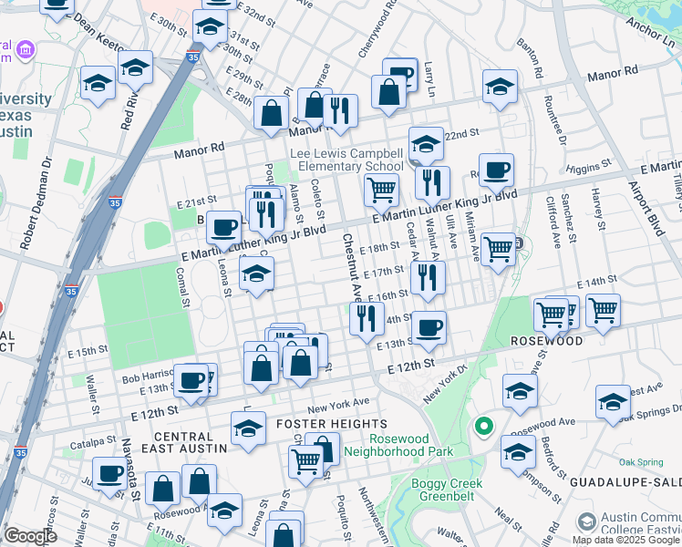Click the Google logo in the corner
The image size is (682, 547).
(30, 536)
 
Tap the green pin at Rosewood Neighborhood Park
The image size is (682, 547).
(483, 426)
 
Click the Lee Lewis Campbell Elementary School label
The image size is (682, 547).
(346, 160)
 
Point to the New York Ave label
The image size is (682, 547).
(337, 401)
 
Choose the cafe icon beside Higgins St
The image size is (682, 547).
(496, 170)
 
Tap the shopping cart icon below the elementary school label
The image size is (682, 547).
(380, 190)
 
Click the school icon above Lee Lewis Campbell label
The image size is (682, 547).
(425, 142)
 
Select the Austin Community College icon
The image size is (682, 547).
(586, 522)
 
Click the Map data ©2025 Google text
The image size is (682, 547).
(626, 540)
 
